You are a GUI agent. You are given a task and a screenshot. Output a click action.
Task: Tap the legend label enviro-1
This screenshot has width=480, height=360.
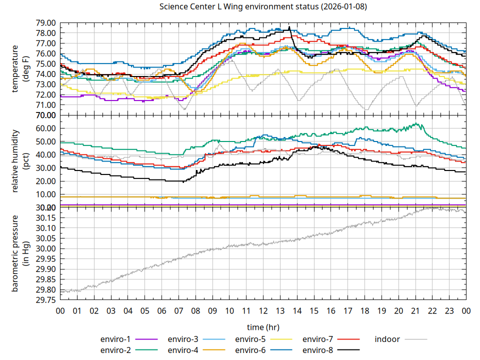[x=115, y=339]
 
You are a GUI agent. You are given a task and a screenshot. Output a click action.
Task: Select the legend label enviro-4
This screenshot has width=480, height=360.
[x=183, y=349]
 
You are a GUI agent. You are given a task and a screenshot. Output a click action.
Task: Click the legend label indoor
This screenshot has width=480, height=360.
[x=387, y=339]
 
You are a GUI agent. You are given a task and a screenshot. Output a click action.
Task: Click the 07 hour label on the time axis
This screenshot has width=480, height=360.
[x=178, y=310]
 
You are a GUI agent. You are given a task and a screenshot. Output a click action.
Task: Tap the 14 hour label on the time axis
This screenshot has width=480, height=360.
[x=297, y=310]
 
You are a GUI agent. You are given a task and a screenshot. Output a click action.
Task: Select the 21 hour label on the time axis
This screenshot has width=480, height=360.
[x=415, y=310]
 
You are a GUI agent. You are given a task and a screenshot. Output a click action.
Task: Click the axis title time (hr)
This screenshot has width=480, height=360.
[x=263, y=327]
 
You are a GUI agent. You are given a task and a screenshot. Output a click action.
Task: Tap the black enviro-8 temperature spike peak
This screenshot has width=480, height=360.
[x=289, y=27]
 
